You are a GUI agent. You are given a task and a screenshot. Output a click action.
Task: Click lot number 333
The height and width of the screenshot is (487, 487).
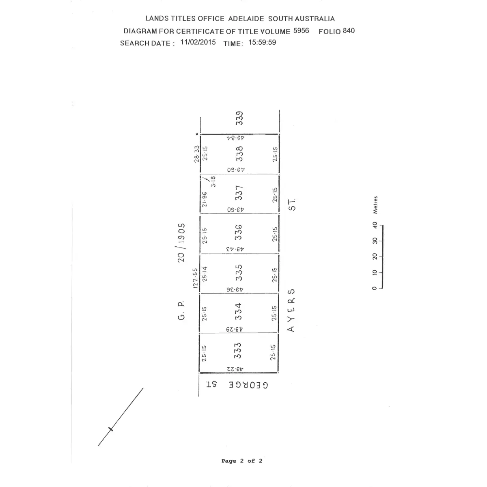point(238,351)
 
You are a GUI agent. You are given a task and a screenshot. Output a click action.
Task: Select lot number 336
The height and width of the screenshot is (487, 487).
point(239,233)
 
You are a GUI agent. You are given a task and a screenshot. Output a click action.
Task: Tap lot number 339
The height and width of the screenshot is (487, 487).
point(240,118)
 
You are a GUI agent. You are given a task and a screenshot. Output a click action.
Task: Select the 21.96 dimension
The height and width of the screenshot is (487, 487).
point(205,199)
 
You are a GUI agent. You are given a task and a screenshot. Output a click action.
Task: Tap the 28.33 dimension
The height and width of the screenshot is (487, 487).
point(197,154)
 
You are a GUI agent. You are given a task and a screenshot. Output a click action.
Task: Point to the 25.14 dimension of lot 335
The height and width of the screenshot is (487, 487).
point(205,274)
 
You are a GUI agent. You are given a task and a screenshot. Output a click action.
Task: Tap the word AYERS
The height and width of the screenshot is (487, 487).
point(291,310)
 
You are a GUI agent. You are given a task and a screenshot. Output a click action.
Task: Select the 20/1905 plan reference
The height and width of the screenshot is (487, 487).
point(181,242)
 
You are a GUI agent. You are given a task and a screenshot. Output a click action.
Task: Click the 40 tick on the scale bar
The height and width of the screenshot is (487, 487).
point(375,224)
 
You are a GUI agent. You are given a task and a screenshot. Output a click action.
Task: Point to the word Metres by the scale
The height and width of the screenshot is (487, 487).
point(375,205)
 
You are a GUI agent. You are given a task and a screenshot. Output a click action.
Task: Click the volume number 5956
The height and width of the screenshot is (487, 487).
point(301,31)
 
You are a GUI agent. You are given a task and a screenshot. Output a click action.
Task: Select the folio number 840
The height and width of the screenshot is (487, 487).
point(349,31)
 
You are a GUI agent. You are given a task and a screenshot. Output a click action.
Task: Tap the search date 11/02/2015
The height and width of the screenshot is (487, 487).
point(198,42)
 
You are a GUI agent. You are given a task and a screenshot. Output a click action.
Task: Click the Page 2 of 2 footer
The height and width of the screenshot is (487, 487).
point(242,461)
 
